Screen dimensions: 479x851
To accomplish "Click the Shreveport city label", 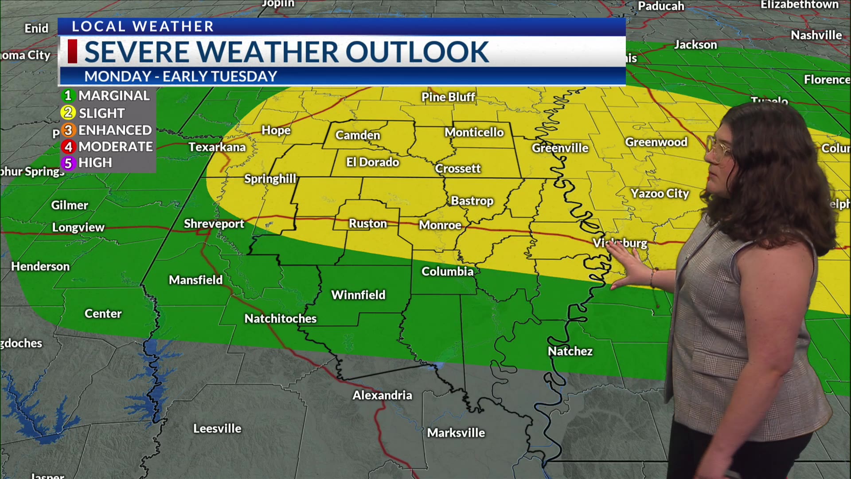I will [214, 224].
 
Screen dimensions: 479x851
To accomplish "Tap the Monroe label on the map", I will [440, 225].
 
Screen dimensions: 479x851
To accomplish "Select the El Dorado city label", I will [372, 162].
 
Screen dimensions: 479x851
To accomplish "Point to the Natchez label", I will [570, 351].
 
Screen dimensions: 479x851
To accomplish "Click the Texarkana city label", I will [217, 147].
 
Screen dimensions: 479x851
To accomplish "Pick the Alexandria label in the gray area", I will [382, 395].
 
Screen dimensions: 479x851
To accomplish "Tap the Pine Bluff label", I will [448, 97].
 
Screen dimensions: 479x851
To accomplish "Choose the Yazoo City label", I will [660, 193].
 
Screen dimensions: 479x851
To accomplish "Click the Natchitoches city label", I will [281, 318].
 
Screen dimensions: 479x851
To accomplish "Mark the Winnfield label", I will [358, 295].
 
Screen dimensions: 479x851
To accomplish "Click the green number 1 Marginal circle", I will [68, 95].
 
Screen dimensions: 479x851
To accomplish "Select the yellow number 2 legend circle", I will [68, 113].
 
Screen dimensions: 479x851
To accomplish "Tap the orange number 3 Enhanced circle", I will [68, 130].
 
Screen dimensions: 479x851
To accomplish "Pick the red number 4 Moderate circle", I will [68, 146].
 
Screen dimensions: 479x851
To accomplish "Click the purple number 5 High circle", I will [68, 163].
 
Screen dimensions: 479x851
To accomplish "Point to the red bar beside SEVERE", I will [72, 51].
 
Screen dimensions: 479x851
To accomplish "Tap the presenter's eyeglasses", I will [719, 148].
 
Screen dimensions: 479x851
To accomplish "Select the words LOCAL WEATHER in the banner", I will [143, 27].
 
